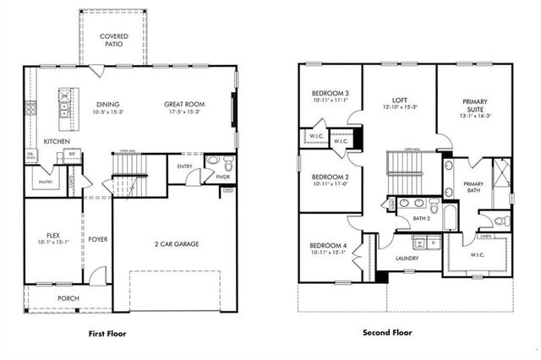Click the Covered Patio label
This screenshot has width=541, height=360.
click(115, 41)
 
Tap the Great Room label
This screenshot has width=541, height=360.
click(184, 104)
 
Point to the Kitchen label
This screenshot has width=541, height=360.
click(57, 141)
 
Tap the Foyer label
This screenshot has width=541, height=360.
click(97, 239)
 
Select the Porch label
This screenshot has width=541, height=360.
click(68, 298)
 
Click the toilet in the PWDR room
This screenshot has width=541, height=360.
click(213, 162)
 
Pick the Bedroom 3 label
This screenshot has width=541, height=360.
click(325, 93)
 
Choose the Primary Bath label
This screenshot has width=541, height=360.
click(473, 188)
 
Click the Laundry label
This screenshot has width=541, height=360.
click(409, 259)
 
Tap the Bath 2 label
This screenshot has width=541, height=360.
click(422, 219)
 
